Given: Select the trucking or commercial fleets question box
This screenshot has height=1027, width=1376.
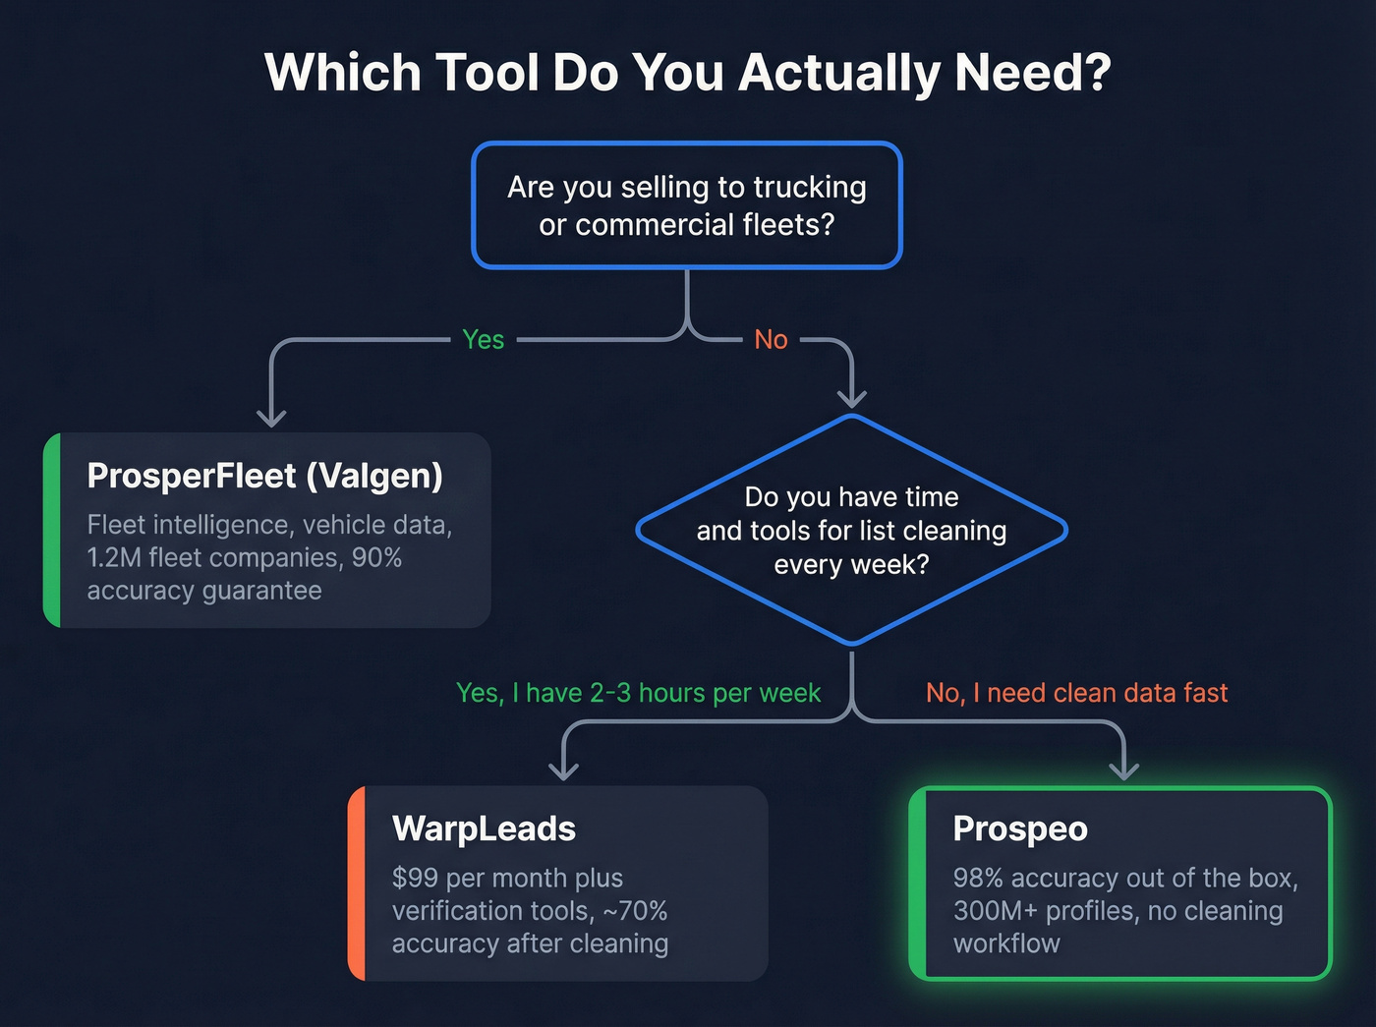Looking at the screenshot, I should pyautogui.click(x=687, y=205).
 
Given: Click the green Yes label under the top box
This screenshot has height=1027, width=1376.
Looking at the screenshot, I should pyautogui.click(x=483, y=340).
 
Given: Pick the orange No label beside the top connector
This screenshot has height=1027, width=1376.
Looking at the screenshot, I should pyautogui.click(x=771, y=340).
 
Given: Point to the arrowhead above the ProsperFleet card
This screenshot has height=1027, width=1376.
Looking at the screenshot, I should pyautogui.click(x=271, y=417).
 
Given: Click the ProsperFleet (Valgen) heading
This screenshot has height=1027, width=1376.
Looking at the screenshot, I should pyautogui.click(x=264, y=476).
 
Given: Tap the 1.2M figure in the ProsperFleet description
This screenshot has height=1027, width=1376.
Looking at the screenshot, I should pyautogui.click(x=113, y=558).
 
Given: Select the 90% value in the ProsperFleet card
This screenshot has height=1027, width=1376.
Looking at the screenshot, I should pyautogui.click(x=376, y=558).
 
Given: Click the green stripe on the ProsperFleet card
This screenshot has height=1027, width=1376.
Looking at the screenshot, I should pyautogui.click(x=52, y=530).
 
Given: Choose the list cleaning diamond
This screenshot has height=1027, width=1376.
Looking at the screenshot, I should pyautogui.click(x=851, y=531).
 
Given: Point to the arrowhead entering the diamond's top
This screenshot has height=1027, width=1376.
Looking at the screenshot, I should pyautogui.click(x=851, y=397).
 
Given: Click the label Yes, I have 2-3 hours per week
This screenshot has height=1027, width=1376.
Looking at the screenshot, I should pyautogui.click(x=638, y=693).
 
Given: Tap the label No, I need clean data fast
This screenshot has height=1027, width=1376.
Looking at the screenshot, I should pyautogui.click(x=1076, y=693).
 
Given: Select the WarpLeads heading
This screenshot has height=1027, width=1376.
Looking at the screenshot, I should pyautogui.click(x=484, y=828).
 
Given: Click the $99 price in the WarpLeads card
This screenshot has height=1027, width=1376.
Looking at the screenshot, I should pyautogui.click(x=416, y=878).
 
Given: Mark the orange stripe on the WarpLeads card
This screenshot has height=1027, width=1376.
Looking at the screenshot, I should pyautogui.click(x=357, y=883).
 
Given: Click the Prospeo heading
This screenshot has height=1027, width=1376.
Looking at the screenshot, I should pyautogui.click(x=1020, y=828).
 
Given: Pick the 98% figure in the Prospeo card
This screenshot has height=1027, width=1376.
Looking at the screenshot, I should pyautogui.click(x=977, y=878).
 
